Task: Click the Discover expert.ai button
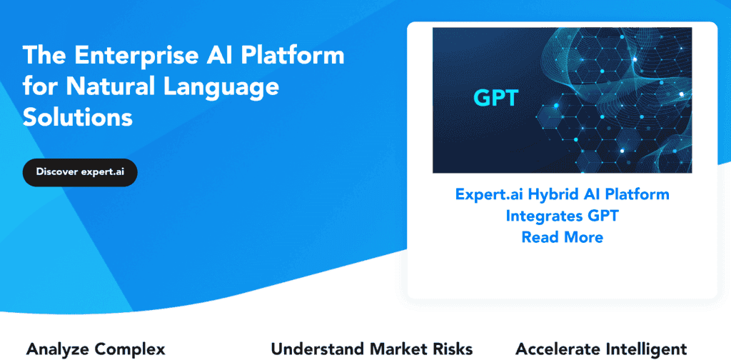[79, 172]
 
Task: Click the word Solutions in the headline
[78, 117]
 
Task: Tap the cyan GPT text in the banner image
[495, 98]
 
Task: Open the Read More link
[562, 237]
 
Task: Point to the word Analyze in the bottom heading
[59, 349]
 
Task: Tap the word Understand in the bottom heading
[318, 349]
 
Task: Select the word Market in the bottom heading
[400, 349]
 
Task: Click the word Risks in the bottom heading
[453, 349]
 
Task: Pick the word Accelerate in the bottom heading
[557, 349]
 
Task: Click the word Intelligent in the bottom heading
[646, 349]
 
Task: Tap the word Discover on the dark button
[56, 172]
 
